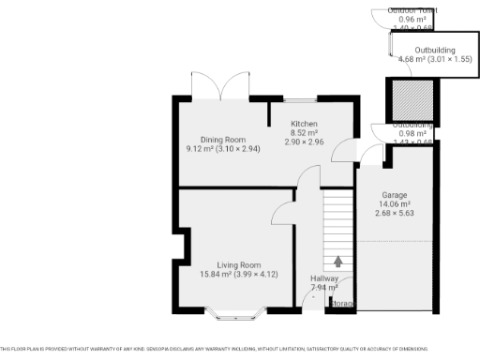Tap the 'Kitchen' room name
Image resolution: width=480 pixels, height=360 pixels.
[305, 125]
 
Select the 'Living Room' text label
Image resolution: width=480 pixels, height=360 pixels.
[239, 265]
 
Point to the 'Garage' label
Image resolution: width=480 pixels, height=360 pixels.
[394, 194]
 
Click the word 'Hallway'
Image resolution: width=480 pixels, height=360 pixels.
[324, 278]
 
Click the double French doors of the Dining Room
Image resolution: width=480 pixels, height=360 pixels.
[221, 86]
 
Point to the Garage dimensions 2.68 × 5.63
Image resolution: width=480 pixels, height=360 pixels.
[394, 213]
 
